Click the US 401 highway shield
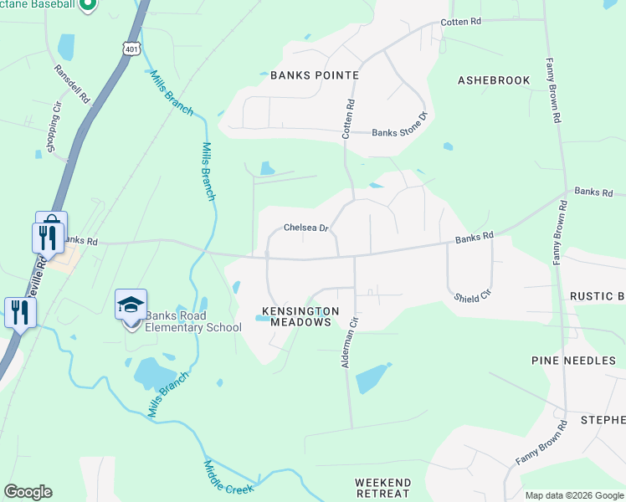point(131,49)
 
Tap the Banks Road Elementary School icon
point(131,305)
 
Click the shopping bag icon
point(51,223)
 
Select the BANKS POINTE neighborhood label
point(315,75)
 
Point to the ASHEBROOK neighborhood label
point(494,80)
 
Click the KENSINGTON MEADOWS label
point(300,316)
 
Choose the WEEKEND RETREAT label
point(382,488)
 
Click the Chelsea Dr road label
point(305,228)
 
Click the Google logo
point(28,492)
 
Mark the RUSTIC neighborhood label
point(597,296)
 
